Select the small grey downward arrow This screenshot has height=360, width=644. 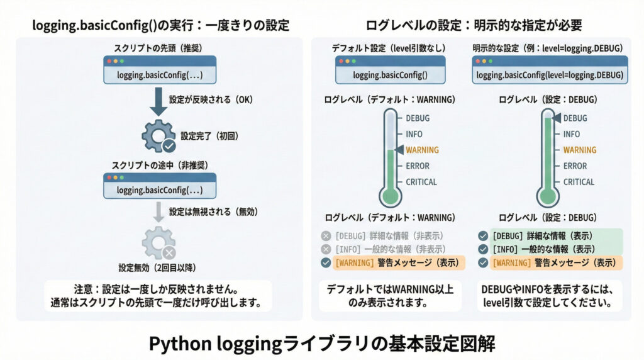[160, 212]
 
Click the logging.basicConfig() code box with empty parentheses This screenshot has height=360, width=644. [390, 74]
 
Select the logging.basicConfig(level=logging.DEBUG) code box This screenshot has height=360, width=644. [550, 74]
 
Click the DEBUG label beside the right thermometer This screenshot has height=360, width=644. [575, 118]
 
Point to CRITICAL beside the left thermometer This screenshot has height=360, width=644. [421, 182]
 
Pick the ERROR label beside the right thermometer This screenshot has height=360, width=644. [575, 166]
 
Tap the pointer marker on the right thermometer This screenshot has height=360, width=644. [556, 117]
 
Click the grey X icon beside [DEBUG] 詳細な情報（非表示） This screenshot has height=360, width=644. [325, 236]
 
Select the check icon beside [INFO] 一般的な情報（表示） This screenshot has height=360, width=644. [482, 249]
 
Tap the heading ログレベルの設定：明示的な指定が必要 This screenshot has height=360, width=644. [474, 25]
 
